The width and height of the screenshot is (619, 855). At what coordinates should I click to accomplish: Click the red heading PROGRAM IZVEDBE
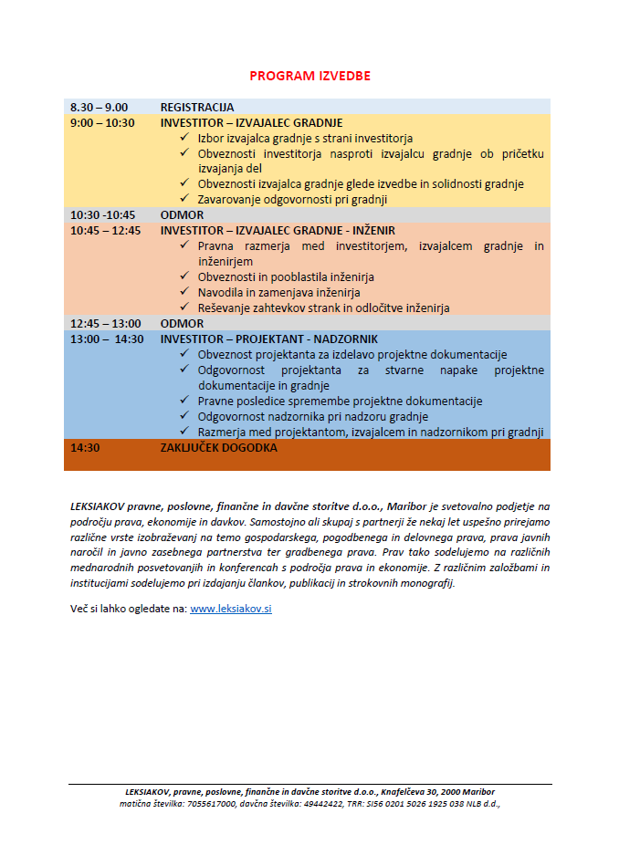click(x=309, y=76)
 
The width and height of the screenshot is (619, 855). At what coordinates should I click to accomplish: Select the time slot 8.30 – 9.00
click(x=99, y=107)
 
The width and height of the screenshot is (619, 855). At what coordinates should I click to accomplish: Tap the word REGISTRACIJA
click(x=197, y=107)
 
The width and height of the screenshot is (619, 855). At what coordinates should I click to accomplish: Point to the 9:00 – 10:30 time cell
click(x=102, y=122)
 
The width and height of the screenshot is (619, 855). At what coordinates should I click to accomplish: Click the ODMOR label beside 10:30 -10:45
click(x=183, y=214)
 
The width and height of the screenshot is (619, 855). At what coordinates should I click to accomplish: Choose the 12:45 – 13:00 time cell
click(x=105, y=323)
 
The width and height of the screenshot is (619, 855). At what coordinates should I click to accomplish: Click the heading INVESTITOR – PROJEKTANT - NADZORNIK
click(x=268, y=339)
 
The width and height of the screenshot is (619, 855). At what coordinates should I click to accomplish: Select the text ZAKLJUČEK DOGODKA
click(x=218, y=447)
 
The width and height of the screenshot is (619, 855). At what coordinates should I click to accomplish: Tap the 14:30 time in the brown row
click(x=85, y=447)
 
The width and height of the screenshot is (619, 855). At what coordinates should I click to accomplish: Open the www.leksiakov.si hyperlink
click(x=230, y=609)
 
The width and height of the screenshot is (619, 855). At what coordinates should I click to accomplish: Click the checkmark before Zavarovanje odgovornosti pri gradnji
click(x=184, y=199)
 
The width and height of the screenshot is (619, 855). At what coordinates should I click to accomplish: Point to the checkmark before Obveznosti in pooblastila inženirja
click(x=184, y=276)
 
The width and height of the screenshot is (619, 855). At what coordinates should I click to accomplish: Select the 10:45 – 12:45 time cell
click(x=105, y=230)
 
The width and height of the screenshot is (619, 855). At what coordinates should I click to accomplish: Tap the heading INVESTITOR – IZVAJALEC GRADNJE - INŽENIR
click(x=278, y=230)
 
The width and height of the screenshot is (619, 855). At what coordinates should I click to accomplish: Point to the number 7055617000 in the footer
click(x=210, y=804)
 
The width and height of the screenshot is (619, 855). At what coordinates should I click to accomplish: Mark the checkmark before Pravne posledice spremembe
click(x=184, y=401)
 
